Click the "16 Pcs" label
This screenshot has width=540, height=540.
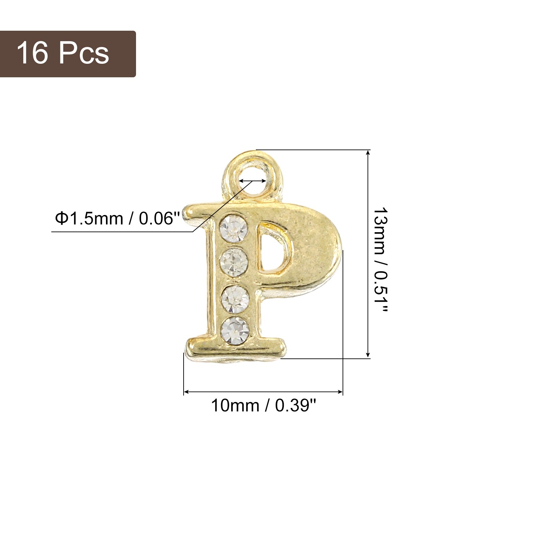tap(63, 53)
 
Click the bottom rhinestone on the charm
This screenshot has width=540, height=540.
tap(235, 329)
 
